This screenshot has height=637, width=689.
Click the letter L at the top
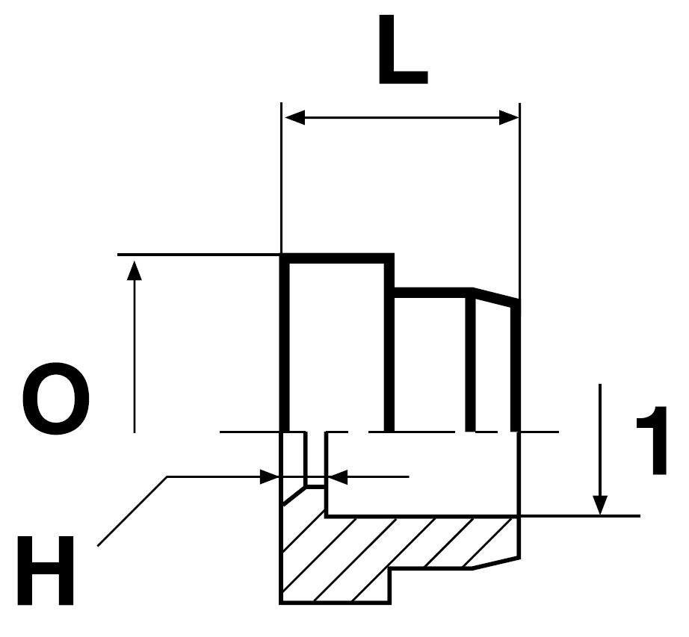pyautogui.click(x=403, y=49)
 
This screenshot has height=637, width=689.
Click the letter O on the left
pyautogui.click(x=55, y=399)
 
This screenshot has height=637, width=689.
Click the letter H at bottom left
pyautogui.click(x=46, y=571)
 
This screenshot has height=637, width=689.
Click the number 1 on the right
pyautogui.click(x=653, y=441)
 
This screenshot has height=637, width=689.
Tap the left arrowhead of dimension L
pyautogui.click(x=295, y=118)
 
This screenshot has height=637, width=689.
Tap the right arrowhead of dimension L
pyautogui.click(x=509, y=118)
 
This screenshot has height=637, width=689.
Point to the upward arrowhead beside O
pyautogui.click(x=135, y=270)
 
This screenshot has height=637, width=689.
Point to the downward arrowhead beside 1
pyautogui.click(x=600, y=505)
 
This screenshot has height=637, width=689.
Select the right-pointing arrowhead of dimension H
pyautogui.click(x=270, y=476)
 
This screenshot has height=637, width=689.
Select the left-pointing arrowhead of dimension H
pyautogui.click(x=338, y=476)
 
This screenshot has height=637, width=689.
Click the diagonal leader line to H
pyautogui.click(x=132, y=512)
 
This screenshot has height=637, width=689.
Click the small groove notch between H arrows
pyautogui.click(x=315, y=460)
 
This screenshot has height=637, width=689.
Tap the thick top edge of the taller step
pyautogui.click(x=337, y=258)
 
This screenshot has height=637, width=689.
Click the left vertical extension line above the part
pyautogui.click(x=281, y=178)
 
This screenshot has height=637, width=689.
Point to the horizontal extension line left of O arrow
pyautogui.click(x=199, y=254)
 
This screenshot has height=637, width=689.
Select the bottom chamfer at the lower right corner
pyautogui.click(x=496, y=564)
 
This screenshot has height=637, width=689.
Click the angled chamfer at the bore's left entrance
pyautogui.click(x=293, y=496)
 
